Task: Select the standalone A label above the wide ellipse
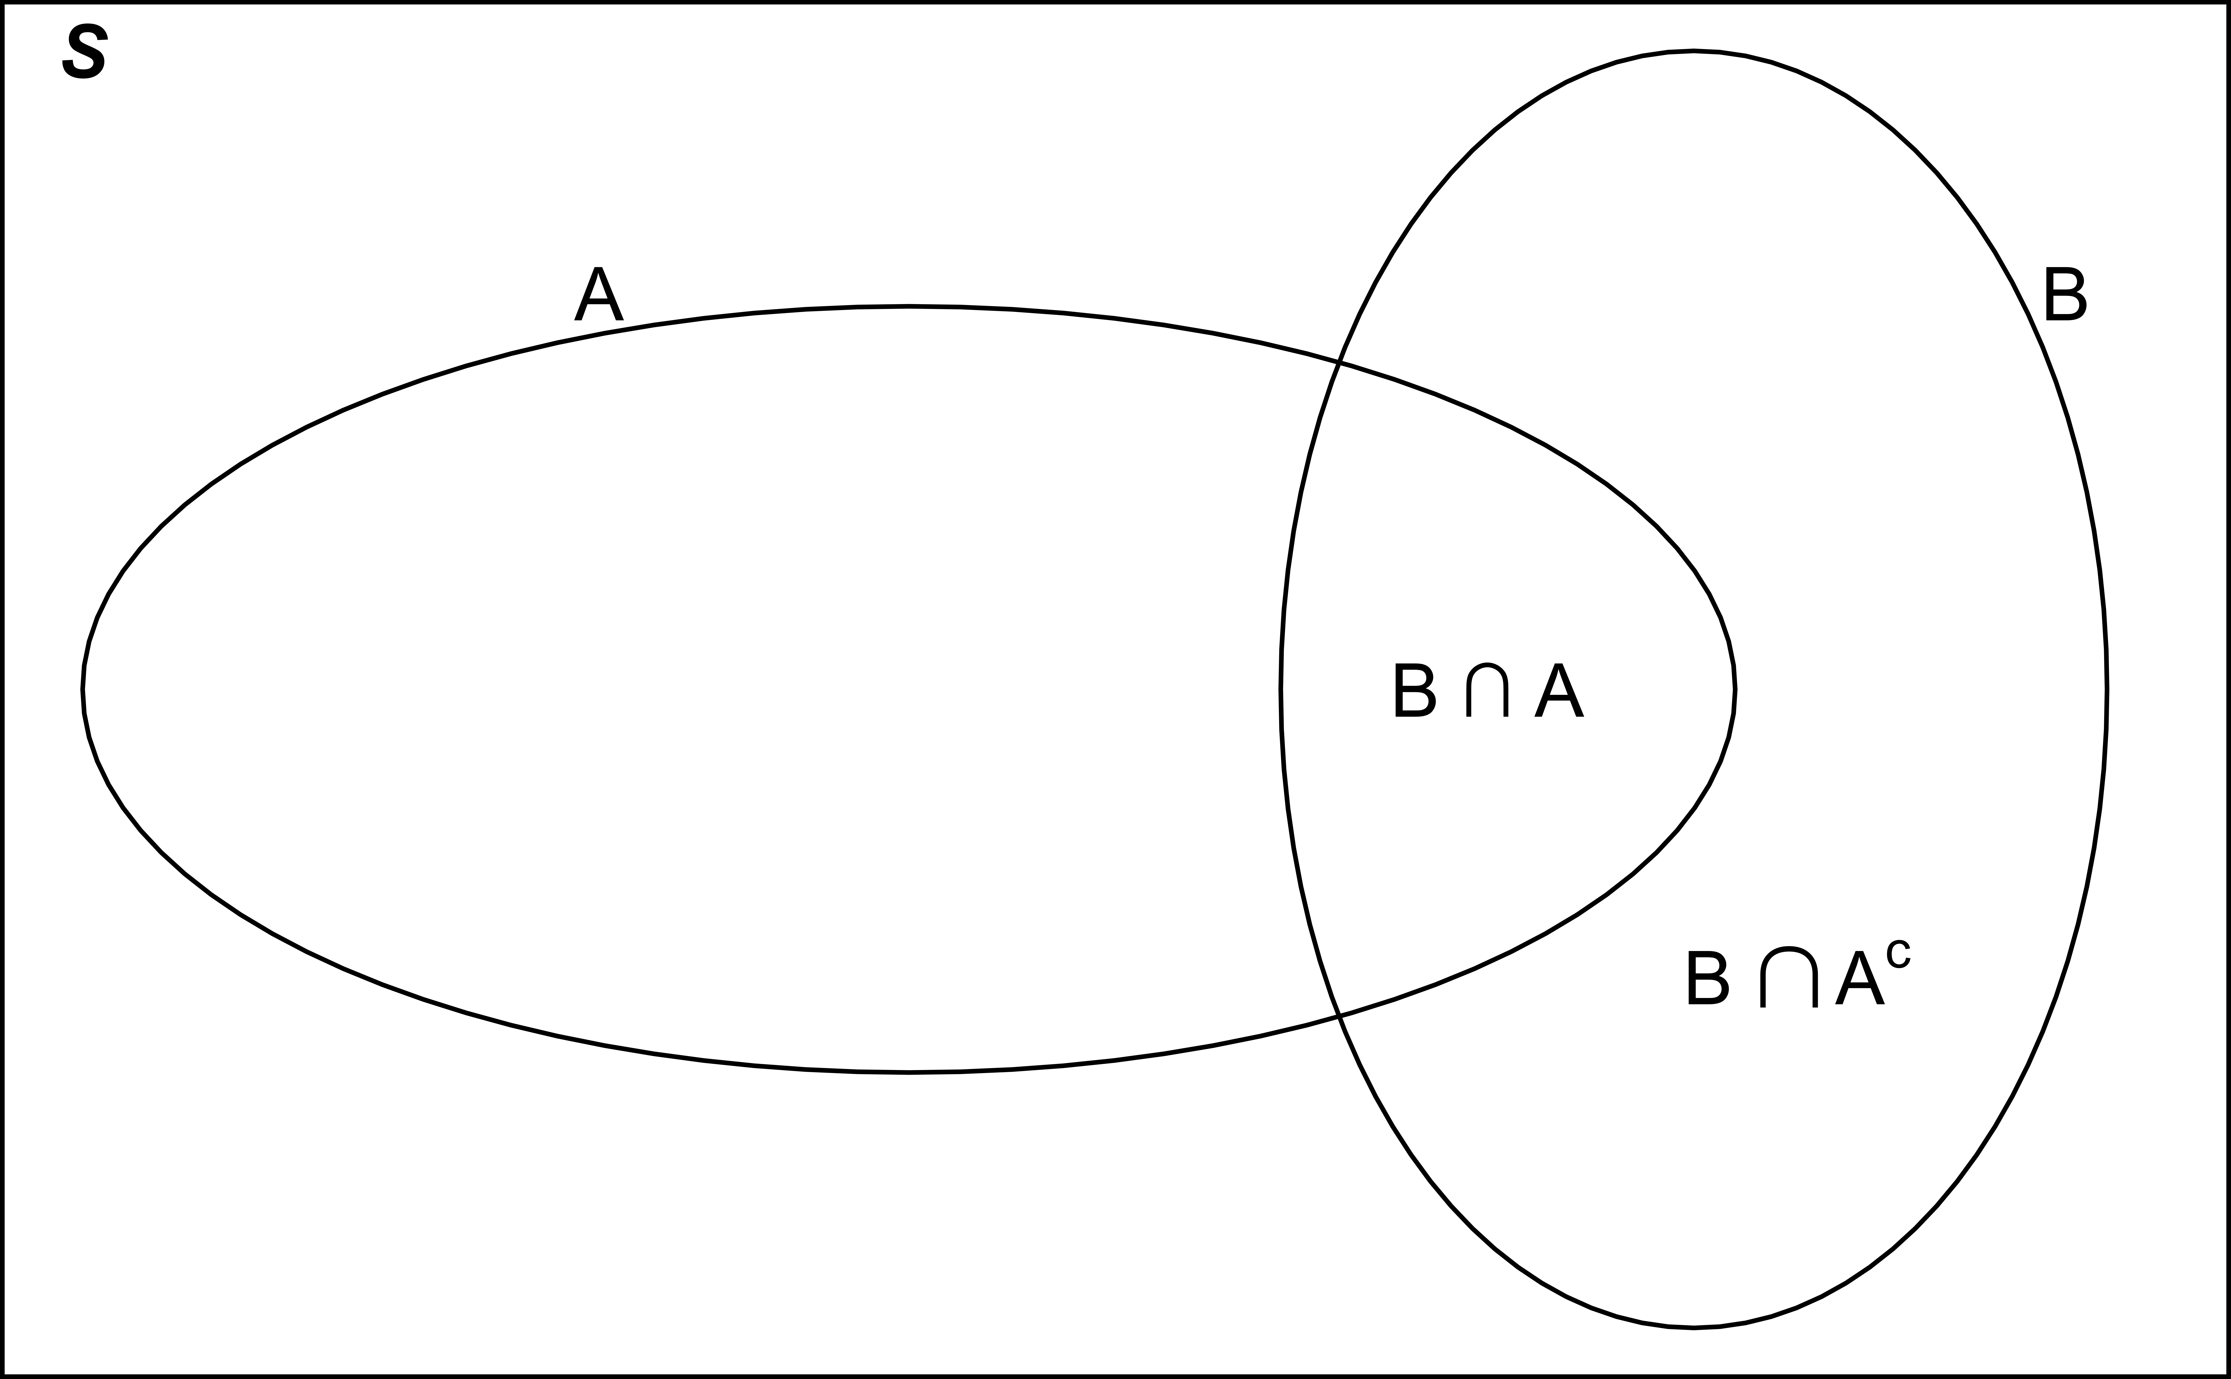(x=599, y=294)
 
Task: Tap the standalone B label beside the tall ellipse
(x=2066, y=294)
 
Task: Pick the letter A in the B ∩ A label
(x=1559, y=690)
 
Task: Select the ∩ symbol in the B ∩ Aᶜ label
(x=1789, y=979)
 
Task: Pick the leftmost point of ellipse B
(x=1281, y=689)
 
